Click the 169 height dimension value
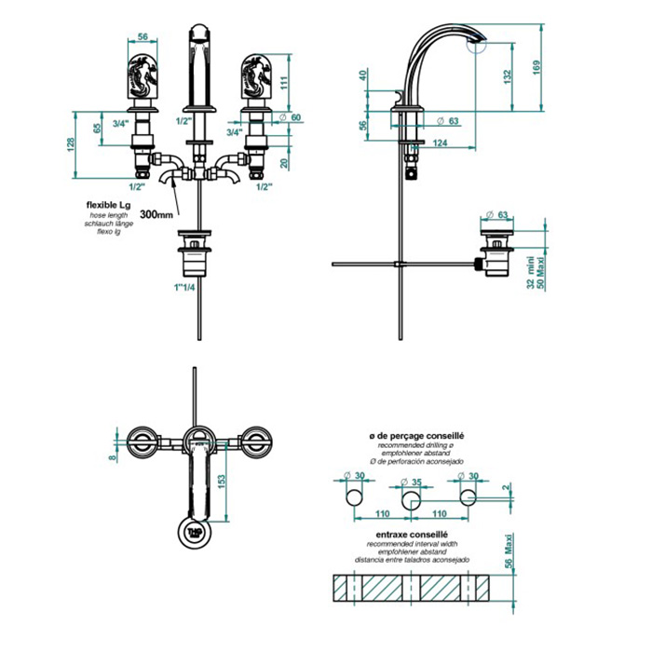pos(536,68)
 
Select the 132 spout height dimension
pos(508,77)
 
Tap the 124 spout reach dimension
pos(440,143)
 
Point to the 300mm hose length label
pos(156,214)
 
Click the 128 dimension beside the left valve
pos(71,144)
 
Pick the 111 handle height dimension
pos(283,83)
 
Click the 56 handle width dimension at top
pos(143,36)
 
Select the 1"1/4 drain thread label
pos(184,287)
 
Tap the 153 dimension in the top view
pos(222,482)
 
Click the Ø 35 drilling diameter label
pos(411,482)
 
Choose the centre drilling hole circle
pos(411,500)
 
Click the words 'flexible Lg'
pos(108,206)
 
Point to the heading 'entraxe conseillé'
pos(412,535)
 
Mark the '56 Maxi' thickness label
pos(509,550)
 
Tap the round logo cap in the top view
pos(195,532)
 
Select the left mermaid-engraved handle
pos(143,76)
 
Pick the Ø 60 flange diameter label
pos(290,117)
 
